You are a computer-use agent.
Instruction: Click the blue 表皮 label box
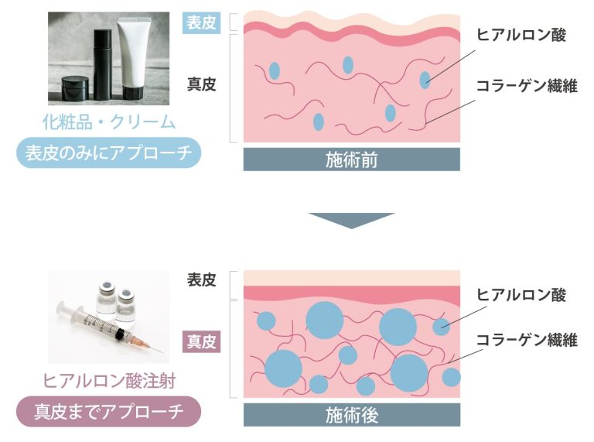click(x=201, y=22)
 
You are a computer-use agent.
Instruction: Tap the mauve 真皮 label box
click(x=201, y=341)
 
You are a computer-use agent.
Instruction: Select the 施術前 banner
click(x=352, y=159)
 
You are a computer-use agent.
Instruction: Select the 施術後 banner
click(x=352, y=415)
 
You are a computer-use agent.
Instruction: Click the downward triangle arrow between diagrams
click(x=351, y=221)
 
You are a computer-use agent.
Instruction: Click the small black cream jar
click(x=75, y=88)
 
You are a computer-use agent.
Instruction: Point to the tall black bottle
click(x=102, y=64)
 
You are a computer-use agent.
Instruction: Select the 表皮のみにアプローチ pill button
click(x=109, y=152)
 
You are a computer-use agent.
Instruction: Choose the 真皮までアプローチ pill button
click(x=109, y=412)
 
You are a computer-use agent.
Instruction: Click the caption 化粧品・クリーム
click(x=109, y=122)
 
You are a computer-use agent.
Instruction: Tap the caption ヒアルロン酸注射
click(x=109, y=381)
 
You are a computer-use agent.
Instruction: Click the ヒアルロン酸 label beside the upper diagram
click(x=521, y=35)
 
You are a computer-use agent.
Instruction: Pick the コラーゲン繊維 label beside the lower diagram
click(x=527, y=340)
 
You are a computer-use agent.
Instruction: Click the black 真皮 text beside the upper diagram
click(x=201, y=84)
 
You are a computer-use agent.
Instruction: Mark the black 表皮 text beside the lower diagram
click(x=201, y=280)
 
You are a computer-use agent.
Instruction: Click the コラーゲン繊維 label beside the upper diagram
click(x=527, y=86)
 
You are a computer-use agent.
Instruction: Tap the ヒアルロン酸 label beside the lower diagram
click(x=521, y=295)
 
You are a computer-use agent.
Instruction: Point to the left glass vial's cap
click(x=107, y=286)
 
